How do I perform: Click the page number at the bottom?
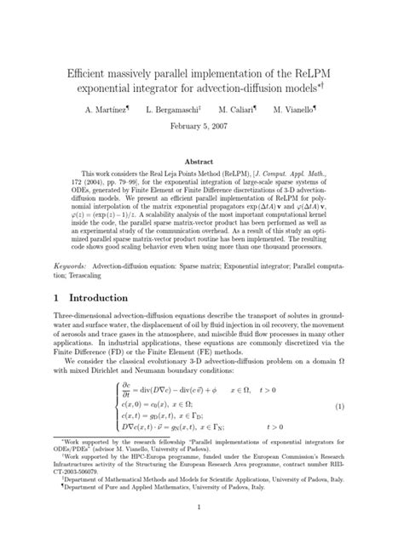202,508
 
